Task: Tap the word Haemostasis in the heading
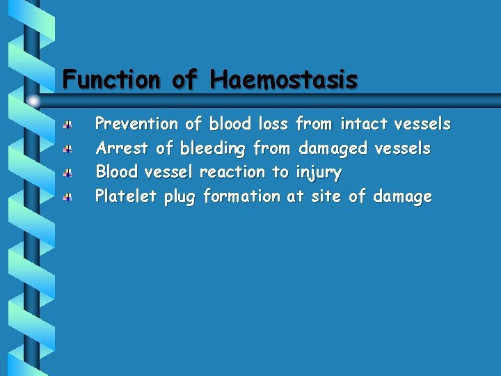[285, 79]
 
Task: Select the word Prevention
[136, 125]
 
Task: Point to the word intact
[364, 125]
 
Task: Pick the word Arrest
[121, 148]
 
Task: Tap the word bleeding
[212, 149]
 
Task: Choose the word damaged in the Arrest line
[333, 149]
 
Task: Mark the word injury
[318, 173]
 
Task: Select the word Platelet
[126, 196]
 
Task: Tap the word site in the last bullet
[326, 196]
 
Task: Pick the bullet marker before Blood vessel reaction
[67, 173]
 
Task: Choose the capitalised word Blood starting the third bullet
[117, 172]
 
